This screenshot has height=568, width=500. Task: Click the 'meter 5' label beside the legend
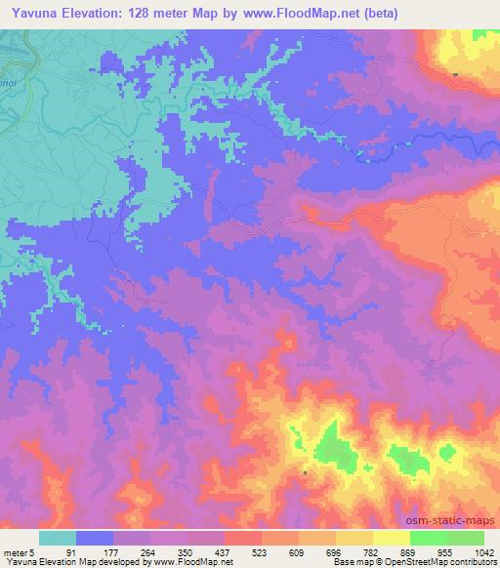(21, 552)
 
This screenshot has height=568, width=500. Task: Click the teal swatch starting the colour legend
(58, 538)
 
